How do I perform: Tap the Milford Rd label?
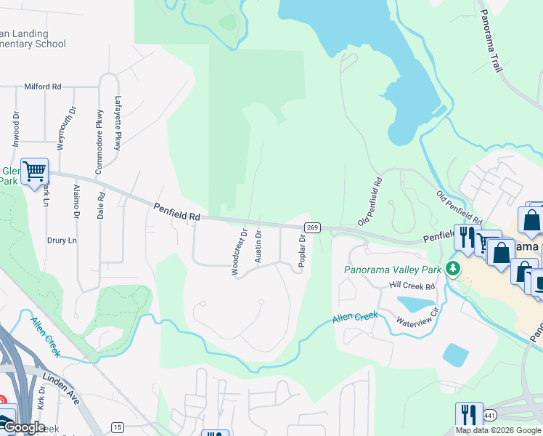point(42,86)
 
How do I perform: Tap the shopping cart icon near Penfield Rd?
point(35,172)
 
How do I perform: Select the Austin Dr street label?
point(258,248)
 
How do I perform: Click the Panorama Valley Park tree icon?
point(453,269)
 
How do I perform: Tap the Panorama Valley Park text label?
point(392,270)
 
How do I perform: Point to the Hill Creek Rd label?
point(412,286)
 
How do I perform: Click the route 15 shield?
point(117,426)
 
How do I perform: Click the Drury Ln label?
point(62,241)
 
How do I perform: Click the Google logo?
point(23,427)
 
